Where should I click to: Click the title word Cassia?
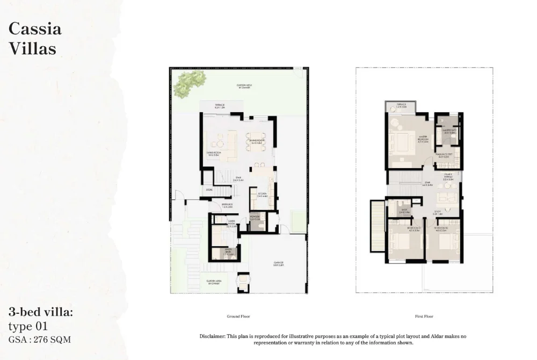(x=35, y=28)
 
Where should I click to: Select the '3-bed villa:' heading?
(x=41, y=312)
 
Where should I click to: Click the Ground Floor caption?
(x=238, y=316)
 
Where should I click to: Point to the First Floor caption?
(x=424, y=316)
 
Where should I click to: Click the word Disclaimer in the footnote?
(x=212, y=336)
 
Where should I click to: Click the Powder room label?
(x=255, y=219)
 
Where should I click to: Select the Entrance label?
(x=228, y=205)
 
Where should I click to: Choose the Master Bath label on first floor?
(x=449, y=131)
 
